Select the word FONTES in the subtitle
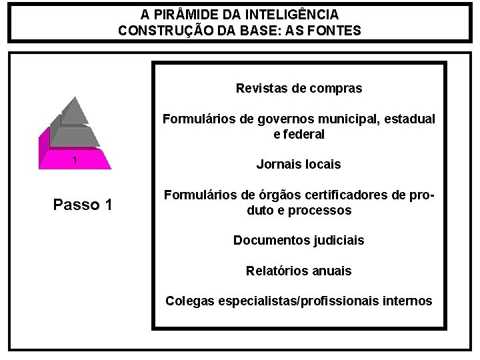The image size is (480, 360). tap(333, 30)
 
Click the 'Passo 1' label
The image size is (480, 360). tap(82, 205)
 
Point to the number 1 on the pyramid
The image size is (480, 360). tap(75, 160)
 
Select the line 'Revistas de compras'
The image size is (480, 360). tap(299, 88)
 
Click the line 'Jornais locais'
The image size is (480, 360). tap(299, 164)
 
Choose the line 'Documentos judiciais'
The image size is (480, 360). tap(299, 240)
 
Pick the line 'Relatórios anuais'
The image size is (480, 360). tap(299, 271)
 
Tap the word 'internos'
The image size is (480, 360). tap(408, 301)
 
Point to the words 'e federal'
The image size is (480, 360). tap(299, 134)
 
